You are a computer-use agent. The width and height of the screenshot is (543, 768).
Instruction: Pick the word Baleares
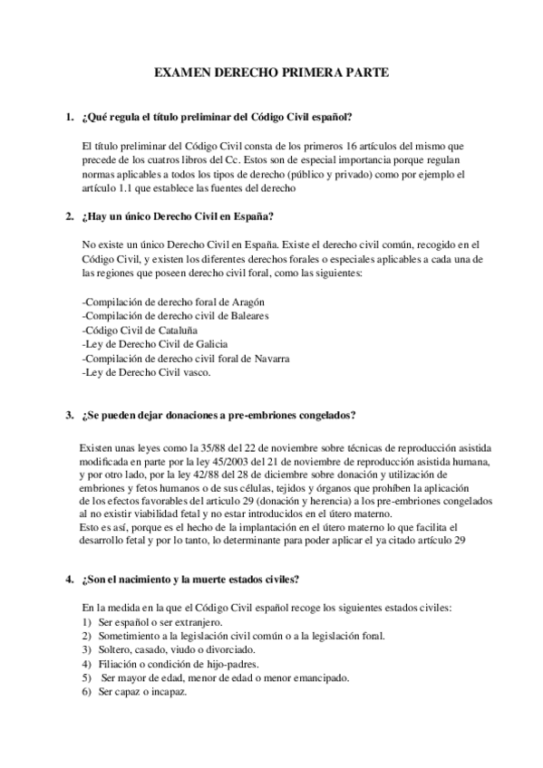[247, 316]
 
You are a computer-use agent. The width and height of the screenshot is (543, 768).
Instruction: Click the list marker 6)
[87, 692]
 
